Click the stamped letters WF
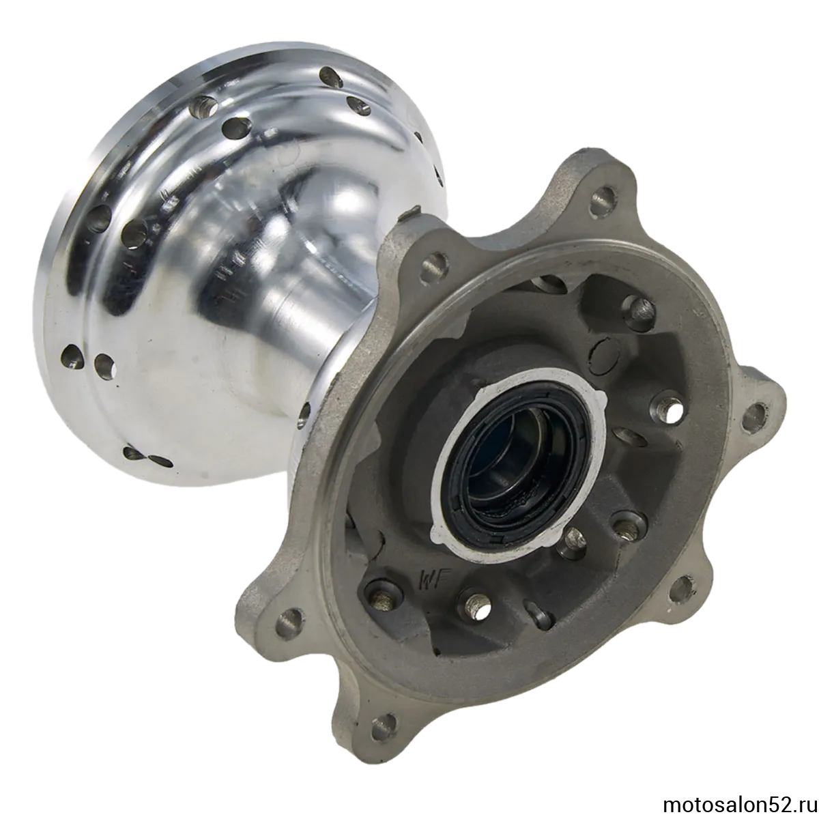point(431,579)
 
